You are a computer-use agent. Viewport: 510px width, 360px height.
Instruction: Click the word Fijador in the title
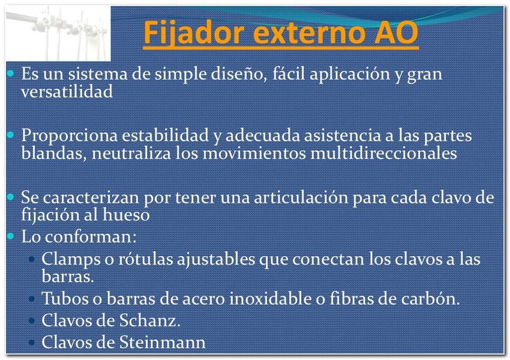[194, 33]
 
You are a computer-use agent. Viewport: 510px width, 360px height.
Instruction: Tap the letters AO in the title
[396, 32]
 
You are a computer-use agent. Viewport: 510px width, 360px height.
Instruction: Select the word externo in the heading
[308, 33]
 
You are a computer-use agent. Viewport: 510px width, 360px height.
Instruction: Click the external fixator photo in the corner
[59, 33]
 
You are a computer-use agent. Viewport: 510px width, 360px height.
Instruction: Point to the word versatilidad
[67, 91]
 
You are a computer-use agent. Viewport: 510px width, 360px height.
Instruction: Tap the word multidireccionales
[384, 153]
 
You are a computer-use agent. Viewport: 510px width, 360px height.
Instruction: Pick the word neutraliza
[131, 153]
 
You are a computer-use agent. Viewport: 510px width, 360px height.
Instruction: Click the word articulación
[301, 198]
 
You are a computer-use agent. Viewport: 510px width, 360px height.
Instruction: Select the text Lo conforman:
[79, 236]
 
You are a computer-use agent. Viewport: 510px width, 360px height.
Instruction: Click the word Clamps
[71, 260]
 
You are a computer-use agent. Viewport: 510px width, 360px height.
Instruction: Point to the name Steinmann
[163, 343]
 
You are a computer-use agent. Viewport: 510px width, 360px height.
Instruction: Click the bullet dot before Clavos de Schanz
[32, 321]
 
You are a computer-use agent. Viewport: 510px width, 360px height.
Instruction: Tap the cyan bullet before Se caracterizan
[10, 197]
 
